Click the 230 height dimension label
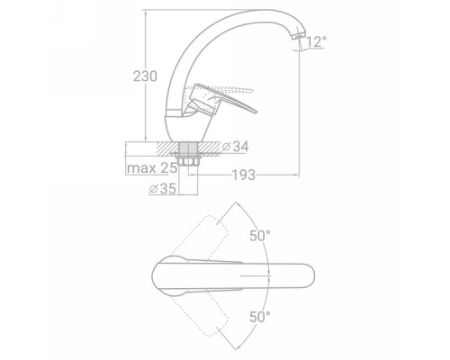click(145, 76)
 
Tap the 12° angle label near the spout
click(316, 41)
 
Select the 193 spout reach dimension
click(244, 175)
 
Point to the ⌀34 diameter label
click(236, 147)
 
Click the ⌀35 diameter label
click(163, 188)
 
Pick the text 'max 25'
click(152, 168)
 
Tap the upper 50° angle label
click(260, 236)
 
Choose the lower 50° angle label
click(260, 317)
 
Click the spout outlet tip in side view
click(298, 37)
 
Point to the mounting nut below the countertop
click(188, 161)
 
